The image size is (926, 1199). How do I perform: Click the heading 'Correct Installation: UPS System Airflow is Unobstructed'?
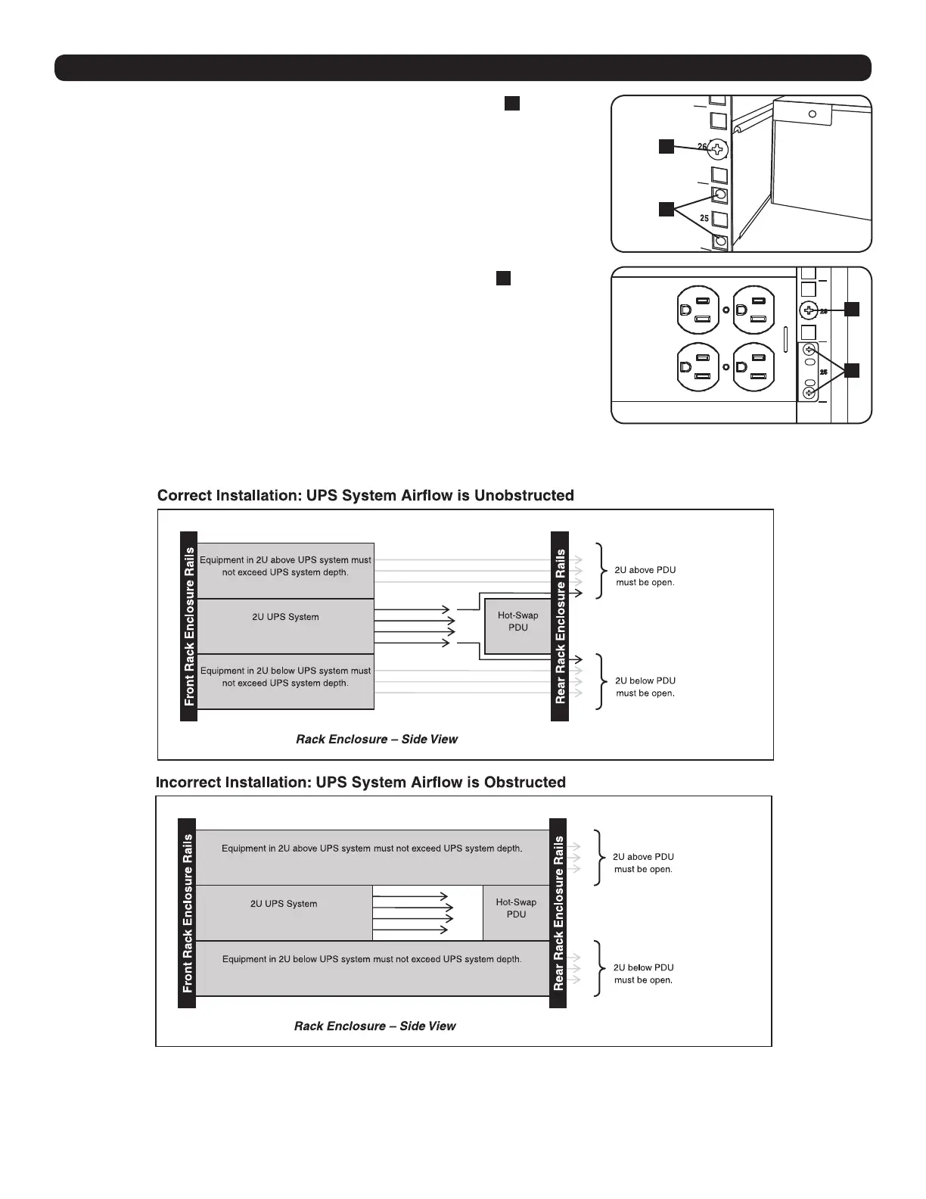tap(365, 496)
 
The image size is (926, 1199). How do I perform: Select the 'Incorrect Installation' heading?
tap(361, 783)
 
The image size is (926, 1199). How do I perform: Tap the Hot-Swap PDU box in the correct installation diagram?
tap(518, 621)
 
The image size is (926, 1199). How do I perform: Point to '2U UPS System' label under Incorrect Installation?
tap(284, 904)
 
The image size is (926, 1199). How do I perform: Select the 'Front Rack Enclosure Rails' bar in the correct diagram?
tap(189, 627)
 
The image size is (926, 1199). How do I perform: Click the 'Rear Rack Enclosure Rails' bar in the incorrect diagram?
tap(559, 913)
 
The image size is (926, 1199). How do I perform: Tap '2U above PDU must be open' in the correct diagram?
tap(645, 576)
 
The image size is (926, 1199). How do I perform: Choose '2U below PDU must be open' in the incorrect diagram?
tap(643, 973)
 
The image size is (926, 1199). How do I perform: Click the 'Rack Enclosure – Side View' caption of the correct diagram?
tap(377, 740)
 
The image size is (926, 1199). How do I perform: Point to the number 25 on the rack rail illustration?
tap(704, 218)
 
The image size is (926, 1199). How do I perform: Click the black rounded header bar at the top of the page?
tap(463, 68)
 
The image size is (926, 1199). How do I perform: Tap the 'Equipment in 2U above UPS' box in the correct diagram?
tap(285, 570)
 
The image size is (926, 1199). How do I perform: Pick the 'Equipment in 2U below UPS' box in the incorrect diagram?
tap(371, 968)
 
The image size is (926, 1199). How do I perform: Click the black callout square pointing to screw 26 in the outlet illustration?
tap(852, 309)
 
